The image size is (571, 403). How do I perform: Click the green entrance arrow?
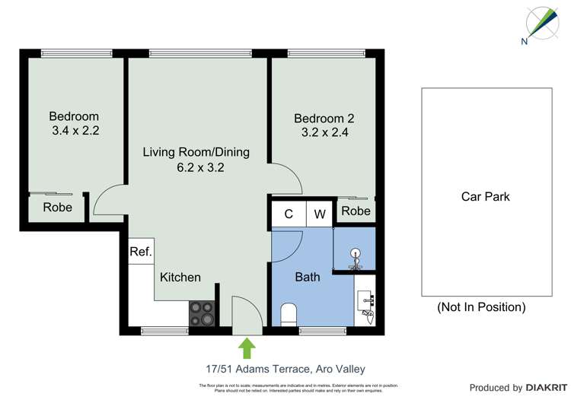coord(247,349)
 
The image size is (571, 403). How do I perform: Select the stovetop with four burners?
coord(202,313)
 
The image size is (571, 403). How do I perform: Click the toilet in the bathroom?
coord(289,313)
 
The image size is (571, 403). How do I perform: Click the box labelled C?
coord(289,214)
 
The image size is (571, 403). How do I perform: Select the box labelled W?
coord(320,214)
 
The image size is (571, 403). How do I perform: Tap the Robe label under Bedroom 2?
coord(356,211)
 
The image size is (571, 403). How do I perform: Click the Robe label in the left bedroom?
coord(58,207)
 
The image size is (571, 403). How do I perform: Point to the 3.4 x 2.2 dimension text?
coord(75,130)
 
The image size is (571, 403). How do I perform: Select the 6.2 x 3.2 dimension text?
coord(196,167)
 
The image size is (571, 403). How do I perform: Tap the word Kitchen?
coord(180,277)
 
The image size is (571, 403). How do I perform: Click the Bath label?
coord(308,277)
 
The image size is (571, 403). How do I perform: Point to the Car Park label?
coord(486,196)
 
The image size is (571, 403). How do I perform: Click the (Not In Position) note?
coord(481,307)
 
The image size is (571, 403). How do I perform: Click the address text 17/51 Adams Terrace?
coord(285,369)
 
